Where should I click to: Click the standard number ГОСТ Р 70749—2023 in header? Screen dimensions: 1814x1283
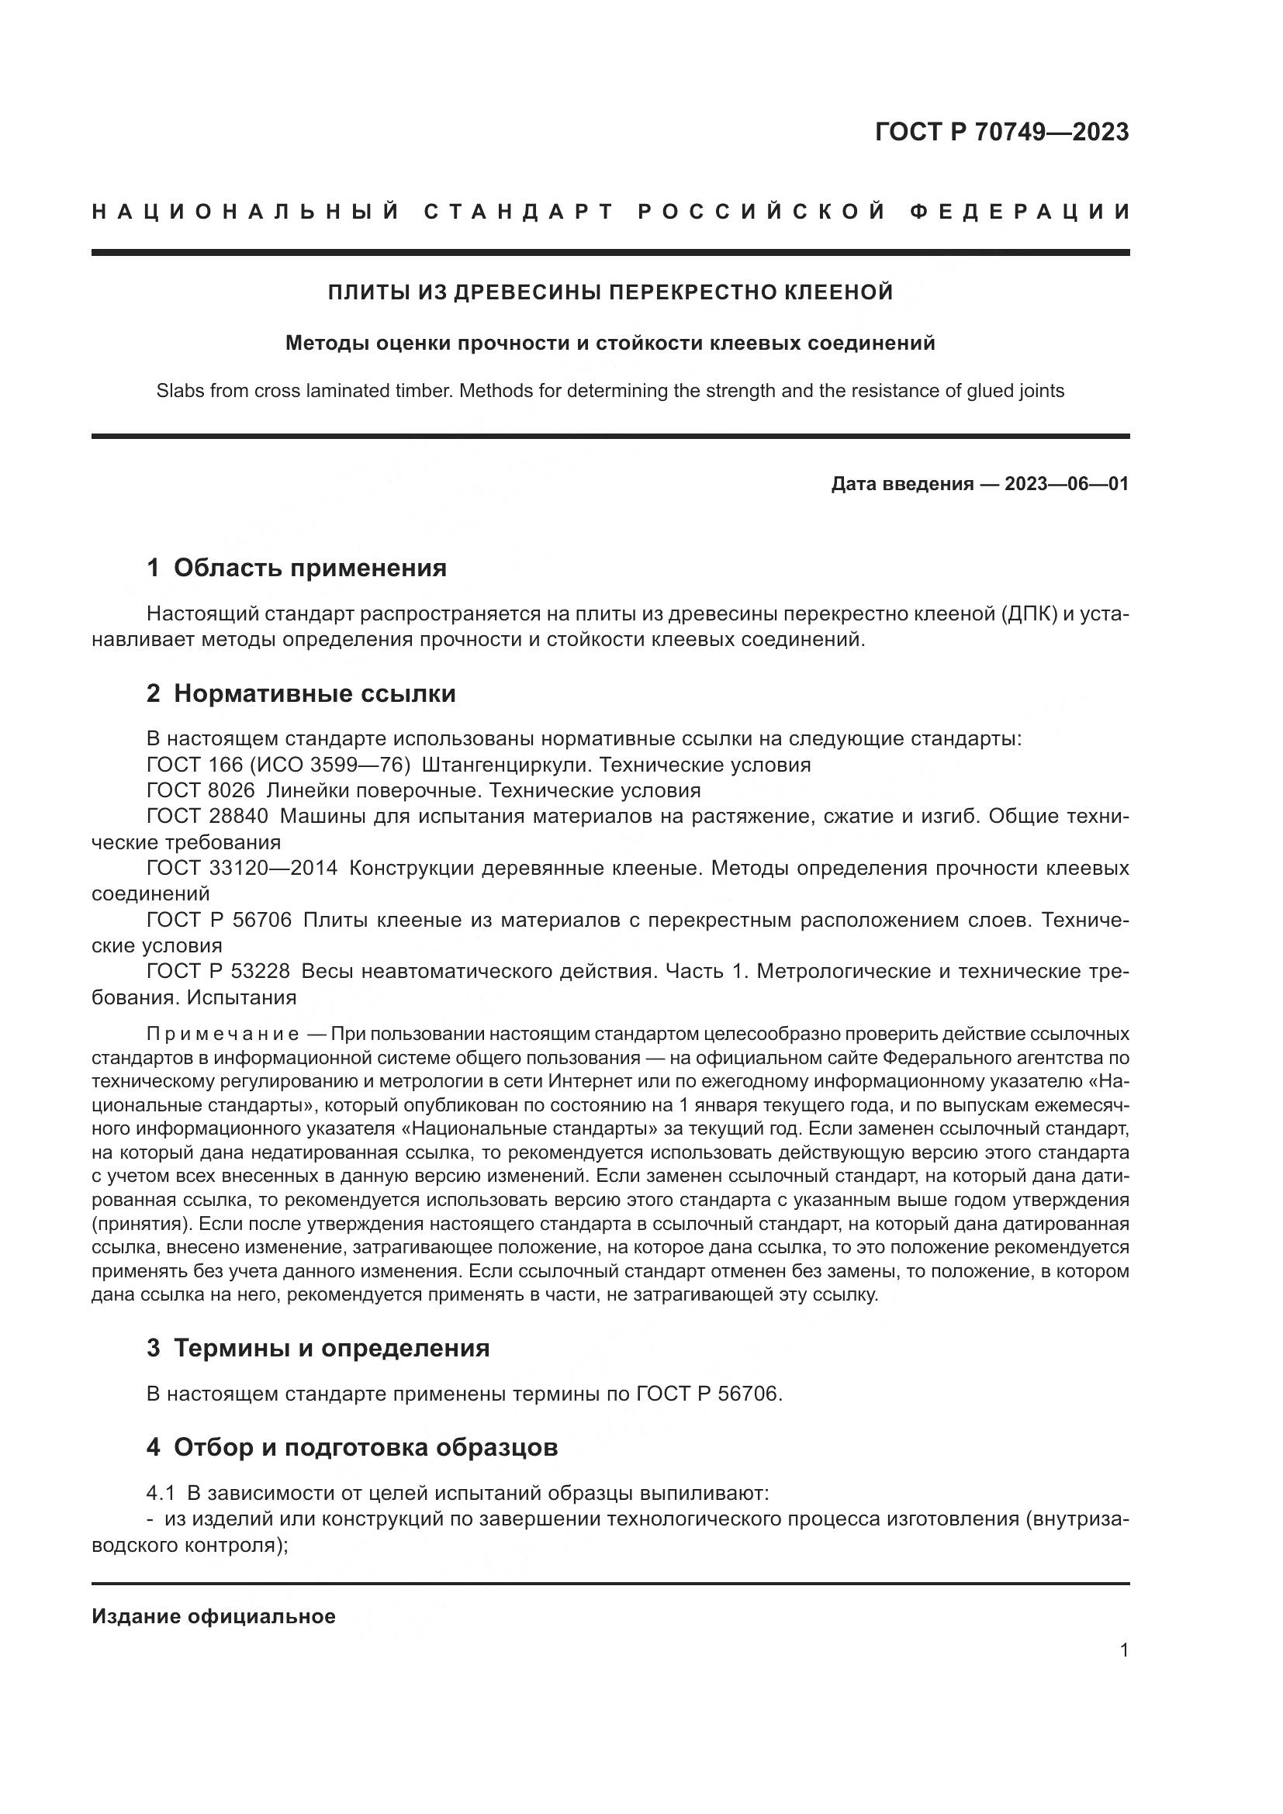[1001, 132]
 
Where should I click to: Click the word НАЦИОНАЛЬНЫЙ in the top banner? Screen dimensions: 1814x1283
[246, 212]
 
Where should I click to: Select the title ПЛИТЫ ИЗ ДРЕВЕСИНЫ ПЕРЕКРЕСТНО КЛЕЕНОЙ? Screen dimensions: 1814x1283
[610, 292]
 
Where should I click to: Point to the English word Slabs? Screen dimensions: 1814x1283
[179, 390]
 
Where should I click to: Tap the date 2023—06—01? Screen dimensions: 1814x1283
[1067, 483]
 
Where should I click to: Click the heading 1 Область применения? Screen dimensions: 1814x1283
[297, 568]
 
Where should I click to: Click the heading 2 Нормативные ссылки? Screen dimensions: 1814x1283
[301, 693]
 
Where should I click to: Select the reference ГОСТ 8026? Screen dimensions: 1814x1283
[201, 790]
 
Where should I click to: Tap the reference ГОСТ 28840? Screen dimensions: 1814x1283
[207, 816]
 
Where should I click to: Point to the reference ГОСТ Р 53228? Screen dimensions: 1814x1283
[218, 971]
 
